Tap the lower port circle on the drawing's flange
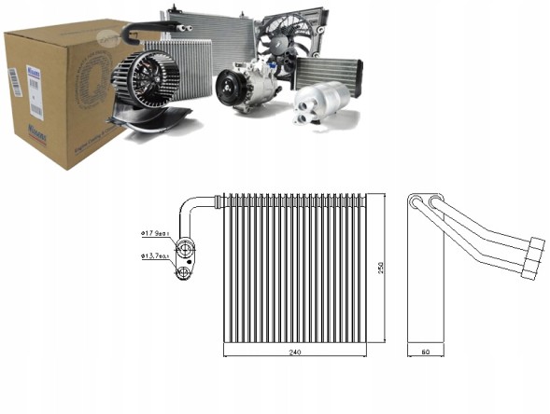point(185,272)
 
